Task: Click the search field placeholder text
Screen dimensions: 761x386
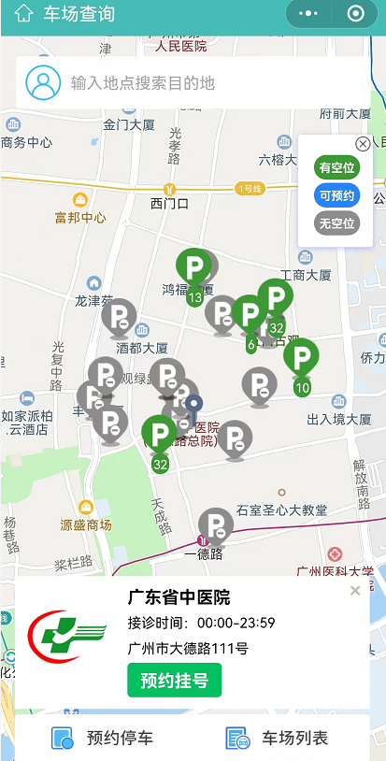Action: pyautogui.click(x=143, y=83)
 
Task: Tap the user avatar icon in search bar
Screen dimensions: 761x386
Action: pyautogui.click(x=43, y=82)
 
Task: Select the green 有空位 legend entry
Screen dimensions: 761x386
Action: pyautogui.click(x=336, y=168)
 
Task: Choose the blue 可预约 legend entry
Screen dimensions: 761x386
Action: pyautogui.click(x=336, y=195)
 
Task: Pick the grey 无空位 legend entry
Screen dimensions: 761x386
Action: pyautogui.click(x=336, y=223)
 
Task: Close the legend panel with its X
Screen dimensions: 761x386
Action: pyautogui.click(x=363, y=144)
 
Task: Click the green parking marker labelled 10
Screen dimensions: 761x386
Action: pyautogui.click(x=301, y=361)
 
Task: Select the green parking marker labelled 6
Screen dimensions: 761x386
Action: pyautogui.click(x=250, y=318)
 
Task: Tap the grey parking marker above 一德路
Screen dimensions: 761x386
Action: pyautogui.click(x=215, y=526)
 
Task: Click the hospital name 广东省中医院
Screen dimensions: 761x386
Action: pyautogui.click(x=179, y=597)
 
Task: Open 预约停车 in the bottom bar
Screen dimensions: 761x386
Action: pyautogui.click(x=103, y=739)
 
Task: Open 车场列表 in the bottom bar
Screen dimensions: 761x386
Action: pyautogui.click(x=277, y=739)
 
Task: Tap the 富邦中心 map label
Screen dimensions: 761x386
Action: pyautogui.click(x=80, y=218)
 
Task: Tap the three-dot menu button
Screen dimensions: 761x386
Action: pyautogui.click(x=309, y=14)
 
